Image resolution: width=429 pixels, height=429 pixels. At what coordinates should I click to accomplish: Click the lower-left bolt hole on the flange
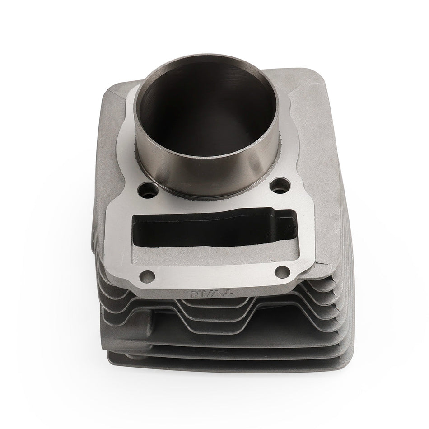[x=145, y=275]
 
